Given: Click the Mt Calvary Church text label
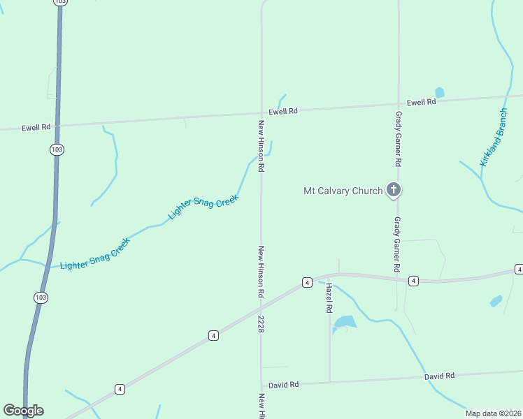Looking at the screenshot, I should click(343, 191).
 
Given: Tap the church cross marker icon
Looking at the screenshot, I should click(394, 189).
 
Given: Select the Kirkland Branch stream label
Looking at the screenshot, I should click(494, 138).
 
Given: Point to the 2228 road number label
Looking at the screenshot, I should click(261, 323).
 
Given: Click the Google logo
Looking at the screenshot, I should click(23, 411).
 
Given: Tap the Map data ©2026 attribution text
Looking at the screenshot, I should click(493, 413).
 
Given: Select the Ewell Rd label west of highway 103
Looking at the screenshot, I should click(36, 128).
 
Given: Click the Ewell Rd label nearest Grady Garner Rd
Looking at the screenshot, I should click(422, 102).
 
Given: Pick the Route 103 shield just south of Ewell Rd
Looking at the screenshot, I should click(57, 149).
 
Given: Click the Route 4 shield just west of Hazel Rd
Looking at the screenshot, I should click(307, 282).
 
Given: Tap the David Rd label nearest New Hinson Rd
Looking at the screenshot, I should click(284, 385).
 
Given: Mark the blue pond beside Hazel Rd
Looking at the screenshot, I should click(345, 322).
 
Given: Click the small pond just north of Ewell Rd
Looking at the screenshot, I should click(439, 92).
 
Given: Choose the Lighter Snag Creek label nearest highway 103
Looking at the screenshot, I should click(95, 255).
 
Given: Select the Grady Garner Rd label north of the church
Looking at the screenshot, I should click(398, 138).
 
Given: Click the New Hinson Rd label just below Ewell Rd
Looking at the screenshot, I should click(261, 146).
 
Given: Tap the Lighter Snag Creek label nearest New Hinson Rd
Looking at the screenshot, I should click(203, 207).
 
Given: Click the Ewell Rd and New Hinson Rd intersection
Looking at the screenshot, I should click(261, 113).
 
